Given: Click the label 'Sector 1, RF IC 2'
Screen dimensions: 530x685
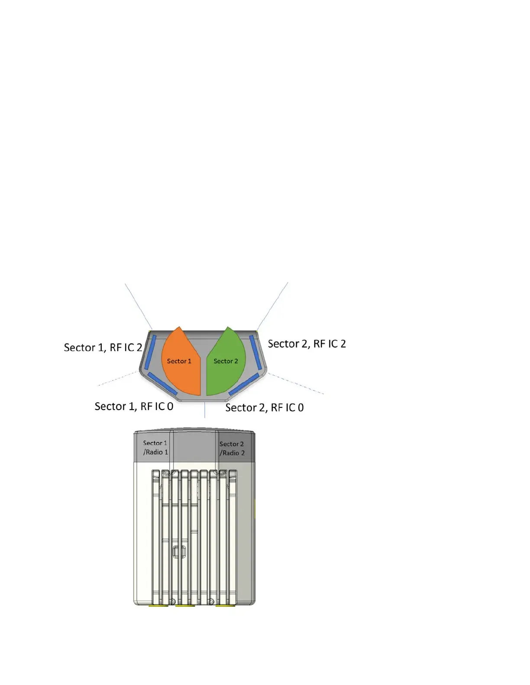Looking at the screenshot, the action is pos(103,348).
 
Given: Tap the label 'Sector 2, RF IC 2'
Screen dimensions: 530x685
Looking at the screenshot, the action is pos(307,344).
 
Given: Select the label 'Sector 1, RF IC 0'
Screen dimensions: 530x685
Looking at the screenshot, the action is pos(134,407).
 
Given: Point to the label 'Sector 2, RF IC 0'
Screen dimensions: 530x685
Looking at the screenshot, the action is pos(264,408).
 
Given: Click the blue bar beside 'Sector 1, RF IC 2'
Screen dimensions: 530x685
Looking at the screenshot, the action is pos(150,352).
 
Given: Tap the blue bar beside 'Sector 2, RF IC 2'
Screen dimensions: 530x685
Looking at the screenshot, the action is pos(255,352).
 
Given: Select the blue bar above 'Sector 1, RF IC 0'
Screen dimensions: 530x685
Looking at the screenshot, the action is pos(162,384).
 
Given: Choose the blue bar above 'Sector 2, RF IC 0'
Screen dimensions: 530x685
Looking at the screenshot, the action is pos(243,384).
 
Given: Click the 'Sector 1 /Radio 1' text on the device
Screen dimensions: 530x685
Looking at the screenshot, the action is pos(155,448).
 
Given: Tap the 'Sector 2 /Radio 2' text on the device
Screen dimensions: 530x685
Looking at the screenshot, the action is pos(232,448).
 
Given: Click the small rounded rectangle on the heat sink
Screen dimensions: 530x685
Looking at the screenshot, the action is pos(179,551).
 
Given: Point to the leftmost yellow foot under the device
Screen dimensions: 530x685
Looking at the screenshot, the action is pos(158,605).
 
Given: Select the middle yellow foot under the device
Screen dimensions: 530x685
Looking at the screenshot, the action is pos(185,605).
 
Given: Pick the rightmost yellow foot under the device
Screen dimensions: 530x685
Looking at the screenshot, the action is pos(225,605).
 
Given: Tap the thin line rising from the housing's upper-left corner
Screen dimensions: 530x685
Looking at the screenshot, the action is pos(138,306).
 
